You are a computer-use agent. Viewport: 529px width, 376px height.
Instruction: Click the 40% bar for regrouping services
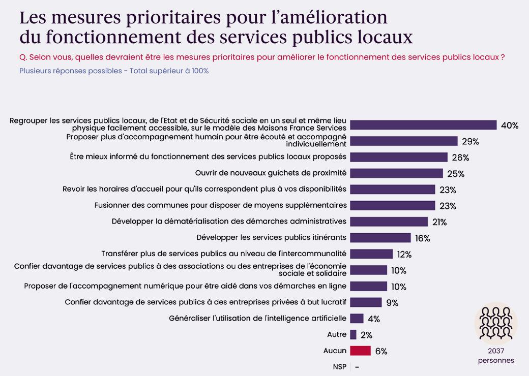click(x=423, y=125)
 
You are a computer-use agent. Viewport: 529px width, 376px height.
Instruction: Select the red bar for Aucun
click(x=361, y=351)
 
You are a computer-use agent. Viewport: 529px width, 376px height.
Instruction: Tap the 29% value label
click(x=470, y=141)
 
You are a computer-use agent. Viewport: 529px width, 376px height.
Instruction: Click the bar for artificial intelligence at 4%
click(x=357, y=319)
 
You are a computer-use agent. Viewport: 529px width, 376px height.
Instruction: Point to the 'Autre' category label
click(x=336, y=334)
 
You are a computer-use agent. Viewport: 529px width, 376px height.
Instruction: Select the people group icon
click(x=495, y=323)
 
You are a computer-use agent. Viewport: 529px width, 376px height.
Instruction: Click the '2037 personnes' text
click(x=495, y=355)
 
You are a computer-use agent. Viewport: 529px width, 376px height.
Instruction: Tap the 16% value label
click(x=422, y=238)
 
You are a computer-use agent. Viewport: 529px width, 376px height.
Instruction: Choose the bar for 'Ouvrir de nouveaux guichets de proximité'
click(x=396, y=173)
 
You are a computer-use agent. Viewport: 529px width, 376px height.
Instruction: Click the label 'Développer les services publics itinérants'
click(x=271, y=237)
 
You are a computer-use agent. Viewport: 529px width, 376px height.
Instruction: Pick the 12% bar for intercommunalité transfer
click(x=372, y=254)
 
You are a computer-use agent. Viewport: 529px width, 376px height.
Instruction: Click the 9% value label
click(x=392, y=303)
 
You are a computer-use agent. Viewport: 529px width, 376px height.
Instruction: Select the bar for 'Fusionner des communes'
click(x=393, y=205)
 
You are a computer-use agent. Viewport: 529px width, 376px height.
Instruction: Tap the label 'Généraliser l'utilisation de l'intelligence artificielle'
click(x=257, y=318)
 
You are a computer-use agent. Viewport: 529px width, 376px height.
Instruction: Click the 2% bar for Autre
click(x=354, y=334)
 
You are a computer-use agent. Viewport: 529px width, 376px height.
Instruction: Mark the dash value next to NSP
click(x=357, y=367)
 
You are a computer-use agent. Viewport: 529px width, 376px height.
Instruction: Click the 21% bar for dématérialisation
click(x=389, y=222)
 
